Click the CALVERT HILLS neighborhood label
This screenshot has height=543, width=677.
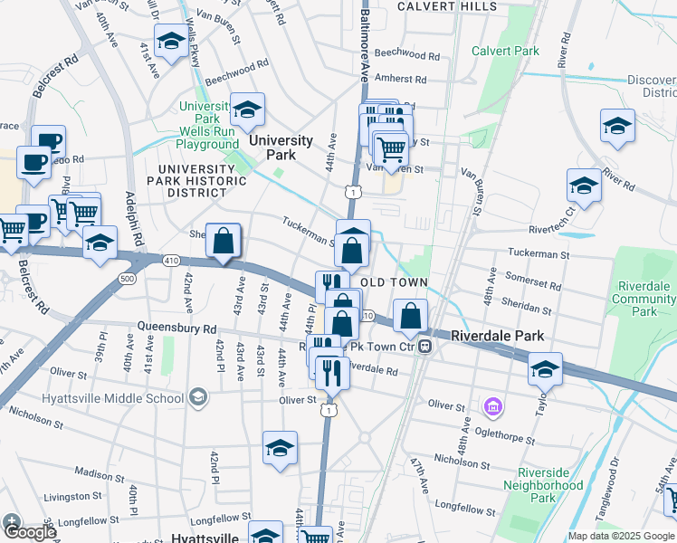[x=447, y=6]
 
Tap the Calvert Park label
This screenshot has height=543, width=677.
[x=505, y=52]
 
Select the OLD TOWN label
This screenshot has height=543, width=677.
[x=394, y=283]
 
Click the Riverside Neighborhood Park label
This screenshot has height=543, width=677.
[x=550, y=486]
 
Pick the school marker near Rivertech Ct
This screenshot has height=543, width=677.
[x=584, y=186]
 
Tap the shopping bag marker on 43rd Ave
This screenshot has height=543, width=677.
[x=224, y=242]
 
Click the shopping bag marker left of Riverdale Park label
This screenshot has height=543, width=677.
[x=411, y=317]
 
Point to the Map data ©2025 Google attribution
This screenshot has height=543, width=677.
[x=620, y=536]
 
